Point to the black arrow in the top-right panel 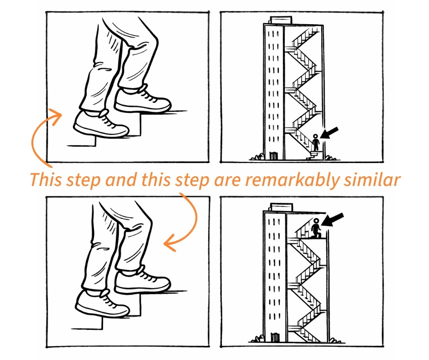pos(329,133)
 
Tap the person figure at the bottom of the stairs pos(316,142)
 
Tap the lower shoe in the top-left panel pos(101,124)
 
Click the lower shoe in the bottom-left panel pos(102,304)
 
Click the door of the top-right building pos(273,155)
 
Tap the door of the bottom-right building pos(274,337)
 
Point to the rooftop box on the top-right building pos(281,20)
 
